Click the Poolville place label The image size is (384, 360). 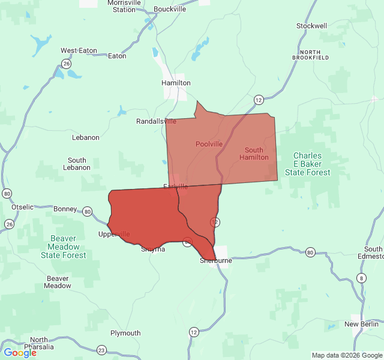tap(209, 144)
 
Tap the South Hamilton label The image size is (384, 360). tap(254, 154)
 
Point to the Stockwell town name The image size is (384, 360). tap(311, 26)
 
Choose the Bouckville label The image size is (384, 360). tap(170, 9)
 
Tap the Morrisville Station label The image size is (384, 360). tap(124, 6)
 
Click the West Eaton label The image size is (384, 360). tap(79, 51)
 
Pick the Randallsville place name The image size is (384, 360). tap(156, 121)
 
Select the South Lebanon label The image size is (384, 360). tap(77, 164)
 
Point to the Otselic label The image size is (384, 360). tap(23, 207)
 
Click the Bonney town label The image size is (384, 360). tap(65, 209)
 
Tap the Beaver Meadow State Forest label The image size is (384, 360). tap(63, 247)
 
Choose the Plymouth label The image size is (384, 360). tap(125, 333)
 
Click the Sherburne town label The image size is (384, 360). tap(216, 261)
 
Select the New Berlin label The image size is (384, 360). tap(360, 324)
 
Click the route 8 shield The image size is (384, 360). tap(361, 277)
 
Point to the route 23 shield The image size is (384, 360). tap(101, 350)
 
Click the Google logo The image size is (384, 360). tap(20, 353)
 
